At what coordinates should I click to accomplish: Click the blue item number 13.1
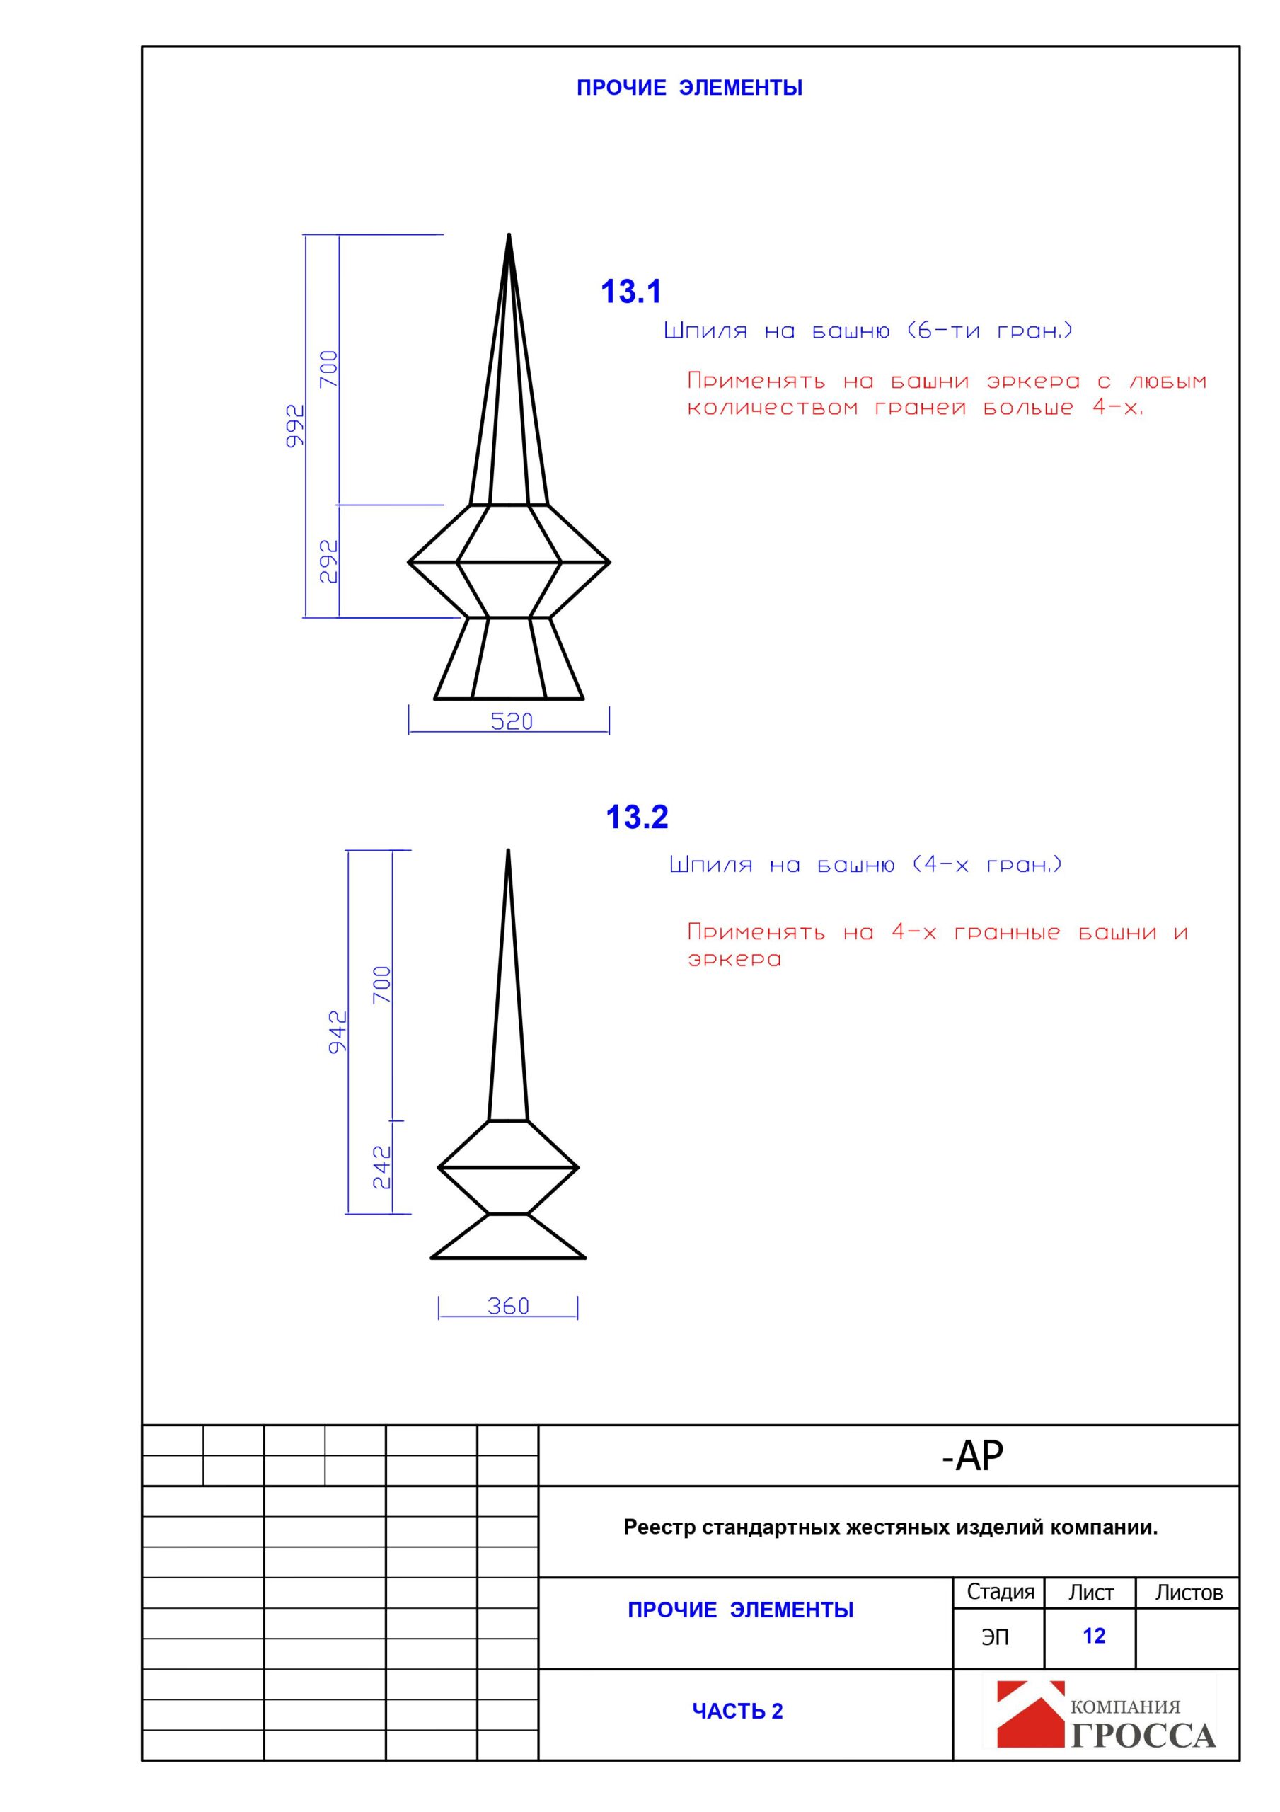pyautogui.click(x=630, y=292)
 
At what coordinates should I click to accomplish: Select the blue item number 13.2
pyautogui.click(x=636, y=818)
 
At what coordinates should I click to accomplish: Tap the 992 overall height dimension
pyautogui.click(x=294, y=426)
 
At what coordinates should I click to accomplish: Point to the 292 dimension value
pyautogui.click(x=328, y=561)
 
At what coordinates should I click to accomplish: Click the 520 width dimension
pyautogui.click(x=512, y=721)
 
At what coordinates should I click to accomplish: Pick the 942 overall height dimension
pyautogui.click(x=338, y=1031)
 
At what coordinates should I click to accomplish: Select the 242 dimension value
pyautogui.click(x=382, y=1167)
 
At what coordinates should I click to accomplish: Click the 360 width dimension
pyautogui.click(x=507, y=1306)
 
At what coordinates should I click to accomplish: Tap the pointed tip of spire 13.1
pyautogui.click(x=509, y=236)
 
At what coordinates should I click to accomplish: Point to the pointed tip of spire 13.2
pyautogui.click(x=508, y=851)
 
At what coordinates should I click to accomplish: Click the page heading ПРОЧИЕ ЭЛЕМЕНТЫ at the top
pyautogui.click(x=689, y=88)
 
